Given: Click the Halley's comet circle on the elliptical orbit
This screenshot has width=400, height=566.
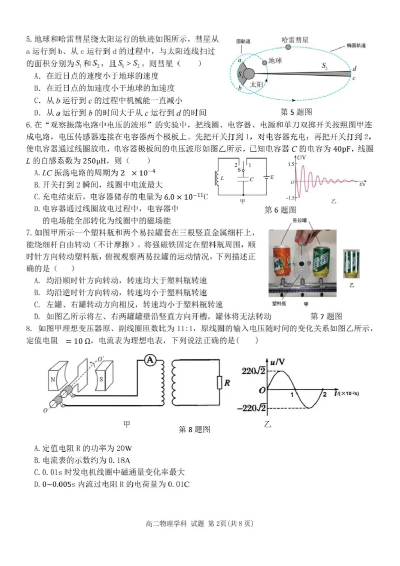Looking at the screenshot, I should [x=288, y=47].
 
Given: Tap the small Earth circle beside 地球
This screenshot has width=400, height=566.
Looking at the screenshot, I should [x=264, y=61].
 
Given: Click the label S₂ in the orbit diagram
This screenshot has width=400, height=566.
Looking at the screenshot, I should [x=324, y=66].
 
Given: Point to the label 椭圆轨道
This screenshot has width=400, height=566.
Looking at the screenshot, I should [x=356, y=46].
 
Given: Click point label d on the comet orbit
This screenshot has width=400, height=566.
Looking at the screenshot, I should [x=354, y=69].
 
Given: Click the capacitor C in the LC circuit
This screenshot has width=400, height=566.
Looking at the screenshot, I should [x=243, y=178].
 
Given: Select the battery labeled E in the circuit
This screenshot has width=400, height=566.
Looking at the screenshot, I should [x=264, y=177].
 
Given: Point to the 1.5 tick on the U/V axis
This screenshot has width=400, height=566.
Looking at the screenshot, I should [x=290, y=164].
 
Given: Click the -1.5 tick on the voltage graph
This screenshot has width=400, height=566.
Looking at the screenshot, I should [x=288, y=197].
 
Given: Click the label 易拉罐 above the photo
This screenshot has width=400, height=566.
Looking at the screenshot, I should [x=300, y=220].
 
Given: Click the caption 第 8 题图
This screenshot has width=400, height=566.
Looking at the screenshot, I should [x=194, y=429].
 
